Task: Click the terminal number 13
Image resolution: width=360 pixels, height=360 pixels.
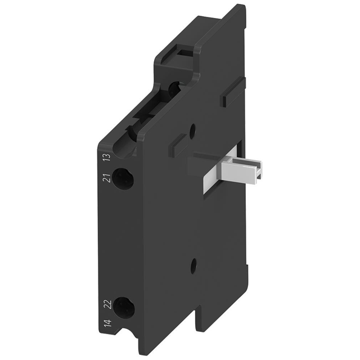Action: pos(105,157)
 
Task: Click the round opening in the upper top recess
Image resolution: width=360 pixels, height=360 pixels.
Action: pos(174,88)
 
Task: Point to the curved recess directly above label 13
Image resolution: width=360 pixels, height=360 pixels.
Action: pos(131,134)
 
